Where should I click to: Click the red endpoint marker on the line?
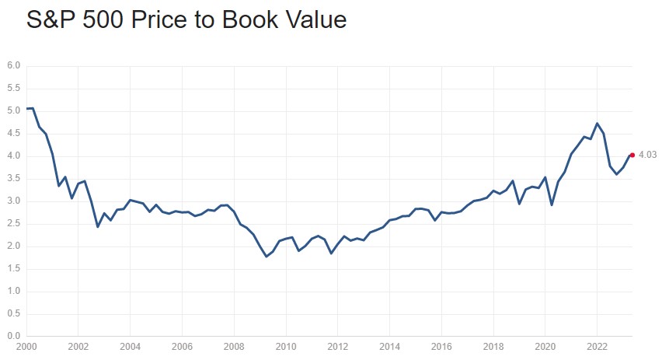coord(632,155)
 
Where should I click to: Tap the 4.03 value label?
coord(648,155)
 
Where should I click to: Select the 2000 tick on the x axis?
coord(26,347)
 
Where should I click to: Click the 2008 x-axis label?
coord(234,347)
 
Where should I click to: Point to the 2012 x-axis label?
coord(338,347)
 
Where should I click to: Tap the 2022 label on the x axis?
coord(597,347)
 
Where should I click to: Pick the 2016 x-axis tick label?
coord(441,347)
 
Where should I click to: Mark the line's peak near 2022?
coord(597,124)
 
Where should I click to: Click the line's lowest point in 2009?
coord(267,257)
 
